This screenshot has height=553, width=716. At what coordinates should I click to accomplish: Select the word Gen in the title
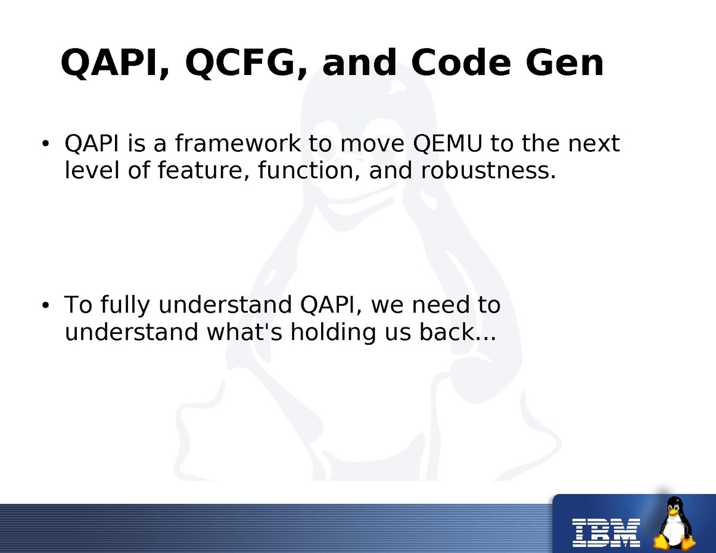tap(565, 62)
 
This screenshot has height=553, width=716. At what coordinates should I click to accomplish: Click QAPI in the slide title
tap(113, 63)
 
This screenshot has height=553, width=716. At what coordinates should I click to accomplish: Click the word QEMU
tap(448, 143)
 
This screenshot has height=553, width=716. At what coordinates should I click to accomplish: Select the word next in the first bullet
tap(594, 144)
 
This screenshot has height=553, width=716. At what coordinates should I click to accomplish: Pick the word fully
tap(125, 306)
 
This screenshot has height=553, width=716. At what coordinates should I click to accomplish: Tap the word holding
tap(333, 332)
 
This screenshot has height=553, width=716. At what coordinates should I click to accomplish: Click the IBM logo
tap(606, 533)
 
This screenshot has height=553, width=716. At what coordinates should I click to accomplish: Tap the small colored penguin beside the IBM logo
tap(674, 523)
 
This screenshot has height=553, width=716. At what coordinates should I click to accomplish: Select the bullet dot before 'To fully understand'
tap(45, 306)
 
